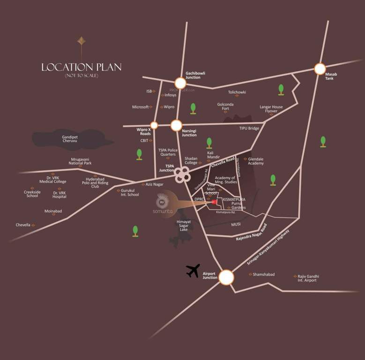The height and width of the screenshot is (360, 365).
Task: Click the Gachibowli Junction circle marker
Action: click(x=180, y=83)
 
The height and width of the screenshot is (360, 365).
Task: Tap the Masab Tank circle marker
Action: click(x=320, y=68)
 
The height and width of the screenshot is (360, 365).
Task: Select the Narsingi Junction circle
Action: click(x=176, y=125)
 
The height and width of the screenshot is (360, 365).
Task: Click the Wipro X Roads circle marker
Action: click(x=154, y=125)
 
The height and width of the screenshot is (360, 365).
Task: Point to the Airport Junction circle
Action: click(x=226, y=277)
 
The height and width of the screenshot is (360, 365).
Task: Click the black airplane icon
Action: click(x=193, y=270)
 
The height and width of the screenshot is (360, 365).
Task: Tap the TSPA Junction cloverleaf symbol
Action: click(x=182, y=175)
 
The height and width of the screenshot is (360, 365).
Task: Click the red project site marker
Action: click(x=214, y=202)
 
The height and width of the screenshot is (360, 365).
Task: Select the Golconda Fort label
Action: click(x=225, y=106)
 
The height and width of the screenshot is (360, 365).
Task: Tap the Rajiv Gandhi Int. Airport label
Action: click(x=307, y=278)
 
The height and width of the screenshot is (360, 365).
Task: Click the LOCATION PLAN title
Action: click(x=81, y=67)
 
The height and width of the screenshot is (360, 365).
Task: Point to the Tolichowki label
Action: click(x=237, y=92)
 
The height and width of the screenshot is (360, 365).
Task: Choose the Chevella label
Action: click(x=23, y=225)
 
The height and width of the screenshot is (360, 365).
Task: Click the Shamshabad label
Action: click(x=264, y=274)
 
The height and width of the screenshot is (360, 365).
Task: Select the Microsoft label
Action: click(x=140, y=107)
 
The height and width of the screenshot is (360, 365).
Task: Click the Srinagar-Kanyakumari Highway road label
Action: click(x=268, y=248)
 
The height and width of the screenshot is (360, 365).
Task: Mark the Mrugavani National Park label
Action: click(x=80, y=161)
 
